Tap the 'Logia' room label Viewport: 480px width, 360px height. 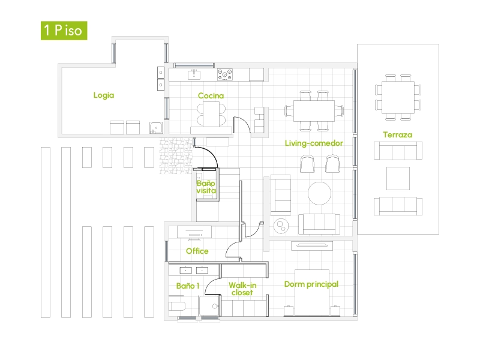(x=104, y=95)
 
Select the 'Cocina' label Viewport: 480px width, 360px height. (x=211, y=95)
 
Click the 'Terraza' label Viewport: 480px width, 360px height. (x=397, y=135)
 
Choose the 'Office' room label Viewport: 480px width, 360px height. (x=197, y=251)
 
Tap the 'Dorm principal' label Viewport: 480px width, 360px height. (x=311, y=284)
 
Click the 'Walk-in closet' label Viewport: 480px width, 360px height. (x=242, y=289)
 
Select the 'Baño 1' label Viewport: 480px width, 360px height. (x=188, y=286)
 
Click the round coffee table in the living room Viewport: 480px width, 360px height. (x=320, y=193)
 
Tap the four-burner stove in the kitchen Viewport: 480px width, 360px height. (x=226, y=74)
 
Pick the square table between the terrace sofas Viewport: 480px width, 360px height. (x=398, y=178)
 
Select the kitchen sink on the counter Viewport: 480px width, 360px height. (x=194, y=74)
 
